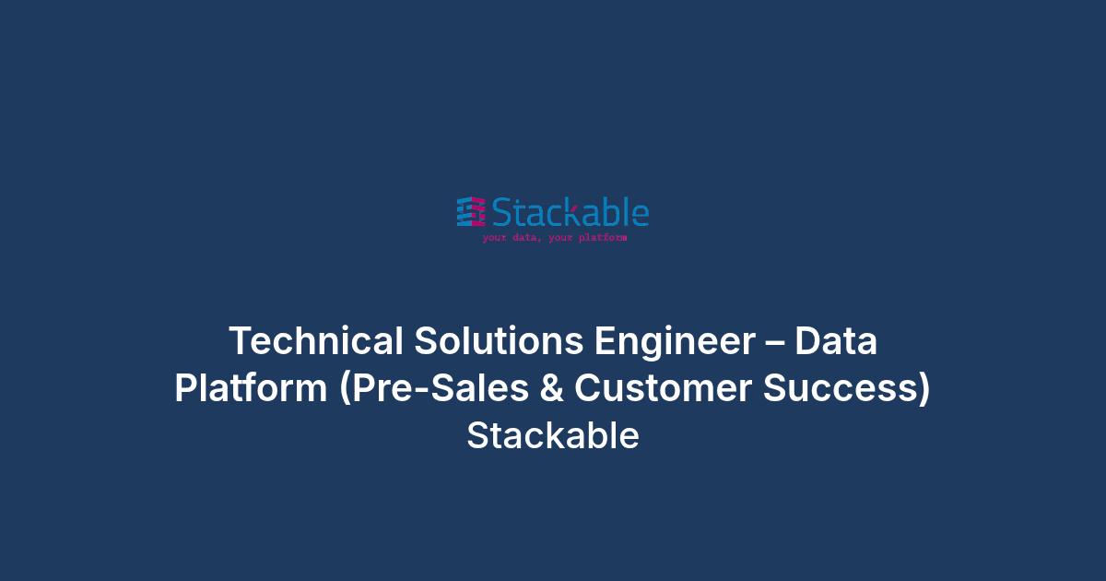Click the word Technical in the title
click(316, 340)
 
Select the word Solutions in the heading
click(499, 340)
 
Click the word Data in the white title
click(836, 340)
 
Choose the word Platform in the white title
click(251, 387)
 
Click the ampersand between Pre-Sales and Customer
click(551, 387)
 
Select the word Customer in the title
click(663, 388)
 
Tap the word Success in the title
click(841, 388)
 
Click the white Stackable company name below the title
click(553, 435)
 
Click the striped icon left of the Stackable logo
click(471, 212)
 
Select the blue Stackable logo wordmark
click(571, 211)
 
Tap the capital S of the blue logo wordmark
click(501, 212)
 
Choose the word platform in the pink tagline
click(603, 238)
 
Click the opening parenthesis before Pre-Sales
click(345, 388)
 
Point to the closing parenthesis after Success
click(924, 388)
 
